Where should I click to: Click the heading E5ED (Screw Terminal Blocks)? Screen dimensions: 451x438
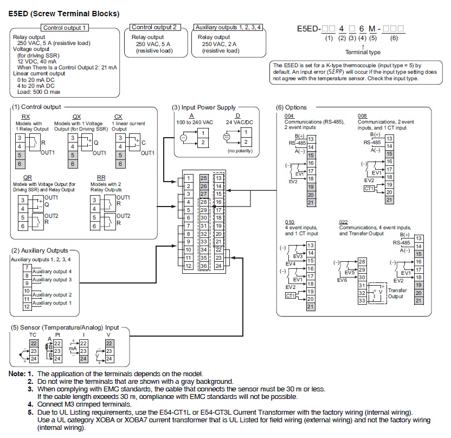[x=64, y=14]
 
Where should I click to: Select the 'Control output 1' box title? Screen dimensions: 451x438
[x=65, y=28]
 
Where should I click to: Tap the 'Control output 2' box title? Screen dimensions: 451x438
[x=154, y=27]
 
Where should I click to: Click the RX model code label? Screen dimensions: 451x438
[x=25, y=117]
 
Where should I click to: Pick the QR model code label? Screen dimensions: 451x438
[x=28, y=177]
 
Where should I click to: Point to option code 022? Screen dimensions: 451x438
[x=344, y=222]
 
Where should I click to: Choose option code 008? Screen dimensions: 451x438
[x=362, y=115]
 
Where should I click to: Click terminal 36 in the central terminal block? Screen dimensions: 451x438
[x=204, y=266]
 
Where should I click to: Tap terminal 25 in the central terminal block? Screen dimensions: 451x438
[x=204, y=178]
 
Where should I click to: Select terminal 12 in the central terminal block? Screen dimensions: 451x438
[x=188, y=266]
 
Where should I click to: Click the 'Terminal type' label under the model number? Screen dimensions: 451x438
[x=363, y=52]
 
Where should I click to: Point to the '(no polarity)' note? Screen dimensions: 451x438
[x=240, y=151]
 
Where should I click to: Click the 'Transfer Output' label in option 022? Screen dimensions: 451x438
[x=397, y=293]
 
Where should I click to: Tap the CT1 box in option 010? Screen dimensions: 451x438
[x=290, y=295]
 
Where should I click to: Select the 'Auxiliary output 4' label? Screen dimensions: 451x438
[x=52, y=272]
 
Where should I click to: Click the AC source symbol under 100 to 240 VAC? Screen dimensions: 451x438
[x=184, y=138]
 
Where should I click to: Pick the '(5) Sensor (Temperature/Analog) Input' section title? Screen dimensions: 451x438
[x=65, y=327]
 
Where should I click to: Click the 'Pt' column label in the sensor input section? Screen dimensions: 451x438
[x=57, y=335]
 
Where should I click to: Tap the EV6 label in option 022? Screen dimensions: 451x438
[x=342, y=280]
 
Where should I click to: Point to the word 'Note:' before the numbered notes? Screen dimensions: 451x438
[x=17, y=374]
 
